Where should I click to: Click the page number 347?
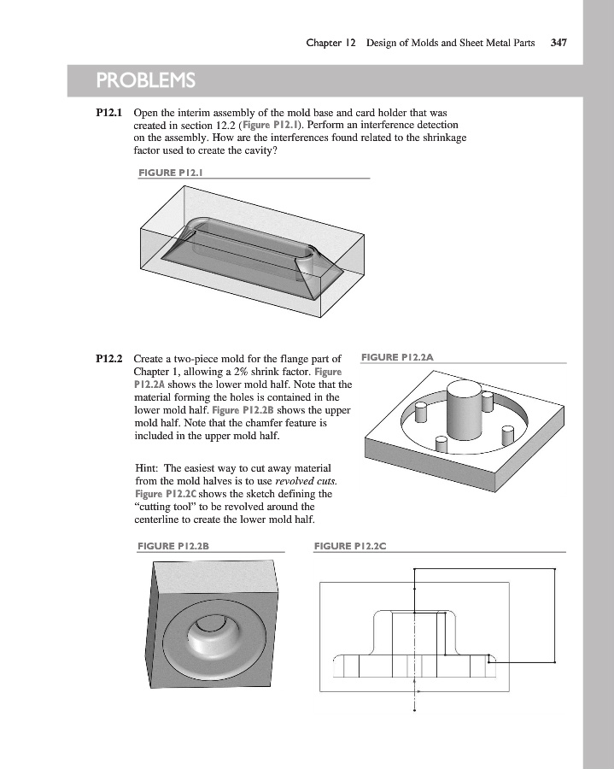point(560,42)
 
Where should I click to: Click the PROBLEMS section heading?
point(146,81)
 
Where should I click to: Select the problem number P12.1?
point(110,112)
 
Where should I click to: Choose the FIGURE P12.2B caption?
point(173,545)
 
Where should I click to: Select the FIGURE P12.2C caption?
point(351,545)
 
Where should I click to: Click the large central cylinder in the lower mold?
point(466,410)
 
